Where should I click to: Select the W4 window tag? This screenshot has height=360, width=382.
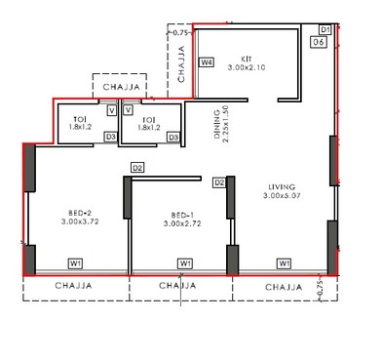pyautogui.click(x=206, y=62)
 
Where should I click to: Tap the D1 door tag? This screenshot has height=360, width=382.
pyautogui.click(x=325, y=30)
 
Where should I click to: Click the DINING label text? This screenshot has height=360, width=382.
pyautogui.click(x=217, y=124)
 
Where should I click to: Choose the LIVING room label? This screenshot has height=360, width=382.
pyautogui.click(x=284, y=185)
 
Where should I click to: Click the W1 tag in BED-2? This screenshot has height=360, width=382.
pyautogui.click(x=76, y=262)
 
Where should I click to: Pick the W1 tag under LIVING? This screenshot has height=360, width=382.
pyautogui.click(x=284, y=262)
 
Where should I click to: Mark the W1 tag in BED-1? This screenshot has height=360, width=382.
pyautogui.click(x=185, y=262)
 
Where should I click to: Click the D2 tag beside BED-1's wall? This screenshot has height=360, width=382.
pyautogui.click(x=137, y=169)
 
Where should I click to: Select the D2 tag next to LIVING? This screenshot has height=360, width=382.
pyautogui.click(x=219, y=182)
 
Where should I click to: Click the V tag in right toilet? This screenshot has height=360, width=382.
pyautogui.click(x=128, y=110)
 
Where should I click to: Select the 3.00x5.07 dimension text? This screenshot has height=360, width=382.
pyautogui.click(x=284, y=196)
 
